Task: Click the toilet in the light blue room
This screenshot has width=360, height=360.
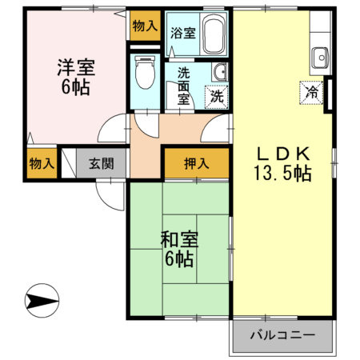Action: coord(145,72)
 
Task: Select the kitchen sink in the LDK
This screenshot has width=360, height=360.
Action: coord(320,58)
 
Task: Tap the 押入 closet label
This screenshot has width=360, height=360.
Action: coord(196,164)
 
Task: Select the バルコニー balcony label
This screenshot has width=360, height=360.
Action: coord(282,334)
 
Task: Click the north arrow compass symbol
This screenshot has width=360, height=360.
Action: coord(42,302)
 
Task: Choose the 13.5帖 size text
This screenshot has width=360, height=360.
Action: coord(282,172)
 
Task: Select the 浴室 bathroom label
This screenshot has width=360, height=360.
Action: coord(183,33)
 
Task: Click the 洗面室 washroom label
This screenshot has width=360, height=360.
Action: coord(183,85)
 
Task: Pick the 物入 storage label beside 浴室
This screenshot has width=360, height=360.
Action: coord(145,26)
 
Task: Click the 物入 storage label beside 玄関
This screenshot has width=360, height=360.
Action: coord(41,164)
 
